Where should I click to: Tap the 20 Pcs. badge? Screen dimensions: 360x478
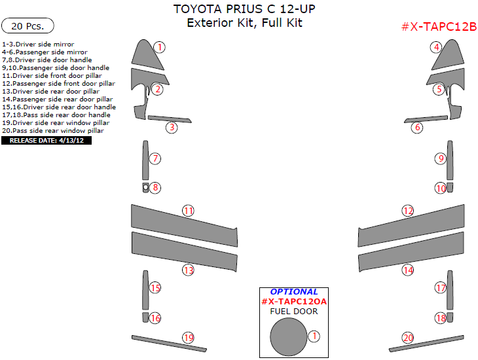tap(28, 26)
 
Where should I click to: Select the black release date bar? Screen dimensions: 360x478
tap(46, 140)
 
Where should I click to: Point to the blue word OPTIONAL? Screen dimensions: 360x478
tap(294, 291)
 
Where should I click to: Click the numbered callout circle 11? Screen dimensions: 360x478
tap(188, 211)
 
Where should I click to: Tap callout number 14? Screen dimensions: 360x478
tap(408, 270)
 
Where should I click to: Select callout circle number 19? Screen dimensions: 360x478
tap(188, 338)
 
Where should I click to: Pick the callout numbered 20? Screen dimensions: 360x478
tap(408, 338)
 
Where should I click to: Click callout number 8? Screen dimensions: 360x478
tap(155, 188)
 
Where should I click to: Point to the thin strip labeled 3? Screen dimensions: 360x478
tap(168, 119)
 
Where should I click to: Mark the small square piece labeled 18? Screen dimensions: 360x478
tap(450, 317)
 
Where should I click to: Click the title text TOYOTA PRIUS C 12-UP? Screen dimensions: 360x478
tap(238, 10)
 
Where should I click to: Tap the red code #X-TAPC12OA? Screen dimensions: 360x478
tap(293, 301)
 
